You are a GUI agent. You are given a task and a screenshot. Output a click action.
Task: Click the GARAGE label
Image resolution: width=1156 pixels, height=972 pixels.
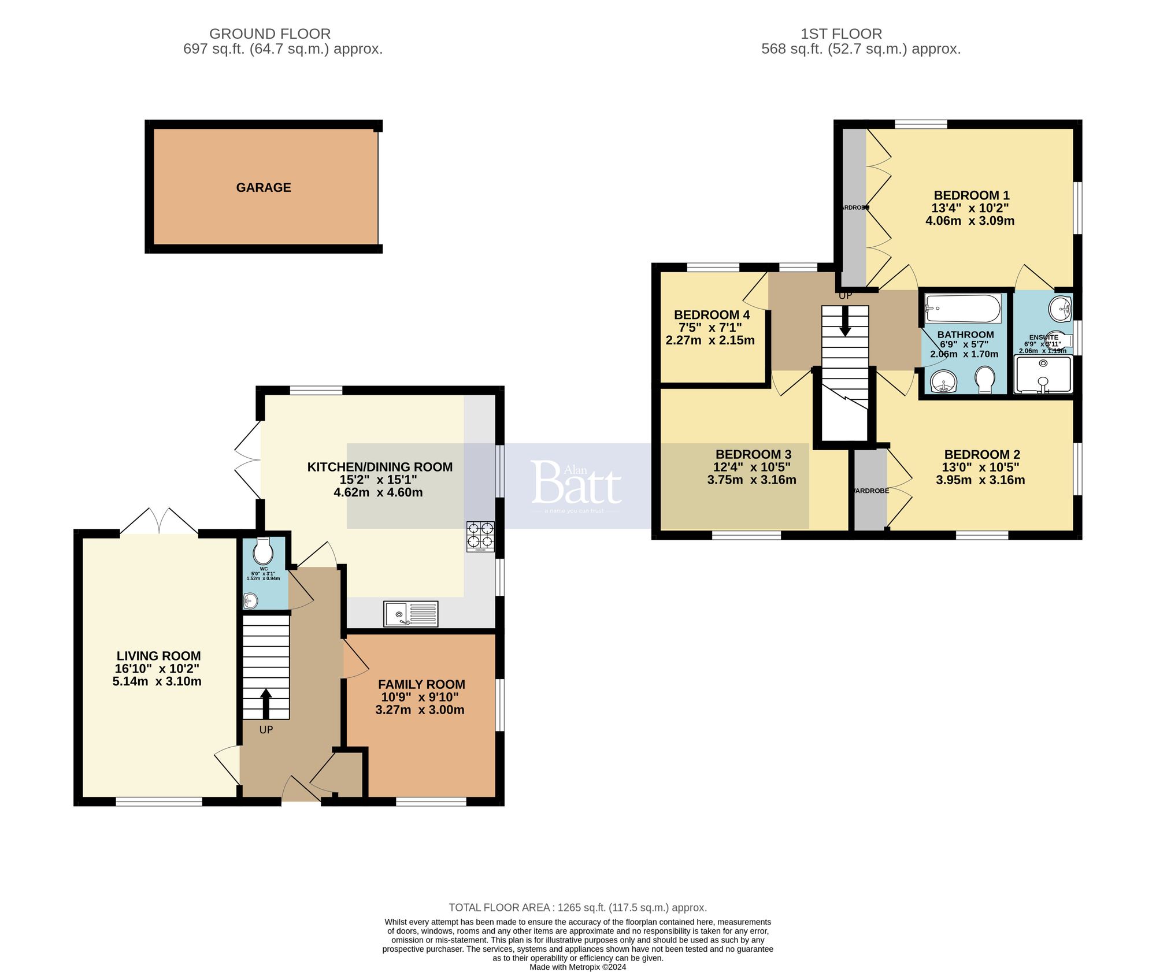264,187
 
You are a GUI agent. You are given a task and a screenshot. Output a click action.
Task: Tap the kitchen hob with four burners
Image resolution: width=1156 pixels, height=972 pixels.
480,536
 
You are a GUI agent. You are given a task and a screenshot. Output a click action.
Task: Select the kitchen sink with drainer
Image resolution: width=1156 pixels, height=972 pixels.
411,613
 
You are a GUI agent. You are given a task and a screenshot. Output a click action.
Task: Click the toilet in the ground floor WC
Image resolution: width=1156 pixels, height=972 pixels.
263,551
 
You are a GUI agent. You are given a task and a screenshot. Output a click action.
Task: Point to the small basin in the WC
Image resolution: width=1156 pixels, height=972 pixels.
250,601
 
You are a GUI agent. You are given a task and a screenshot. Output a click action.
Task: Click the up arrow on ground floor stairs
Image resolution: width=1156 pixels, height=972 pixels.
266,703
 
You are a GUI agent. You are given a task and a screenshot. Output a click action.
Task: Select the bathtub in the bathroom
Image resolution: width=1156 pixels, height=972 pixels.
962,309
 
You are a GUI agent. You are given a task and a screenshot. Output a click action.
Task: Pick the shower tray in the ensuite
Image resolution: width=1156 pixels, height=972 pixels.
1043,374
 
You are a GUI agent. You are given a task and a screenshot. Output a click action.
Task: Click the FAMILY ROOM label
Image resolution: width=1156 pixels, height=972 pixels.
421,684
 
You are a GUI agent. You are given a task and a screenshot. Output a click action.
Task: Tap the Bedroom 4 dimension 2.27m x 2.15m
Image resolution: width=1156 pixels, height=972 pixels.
710,340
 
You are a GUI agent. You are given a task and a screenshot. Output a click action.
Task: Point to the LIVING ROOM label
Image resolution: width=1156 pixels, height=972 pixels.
158,656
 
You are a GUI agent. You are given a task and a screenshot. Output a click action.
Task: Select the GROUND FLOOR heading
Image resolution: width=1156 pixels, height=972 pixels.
270,34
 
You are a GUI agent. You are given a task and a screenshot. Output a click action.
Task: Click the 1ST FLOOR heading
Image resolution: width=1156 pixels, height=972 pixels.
841,34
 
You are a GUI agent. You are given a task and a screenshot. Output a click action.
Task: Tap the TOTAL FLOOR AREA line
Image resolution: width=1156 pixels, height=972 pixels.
577,907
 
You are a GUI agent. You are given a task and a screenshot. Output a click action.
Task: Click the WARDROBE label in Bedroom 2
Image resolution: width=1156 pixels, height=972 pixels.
871,491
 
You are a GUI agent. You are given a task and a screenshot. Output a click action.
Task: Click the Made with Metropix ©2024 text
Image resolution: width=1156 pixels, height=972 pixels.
577,967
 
